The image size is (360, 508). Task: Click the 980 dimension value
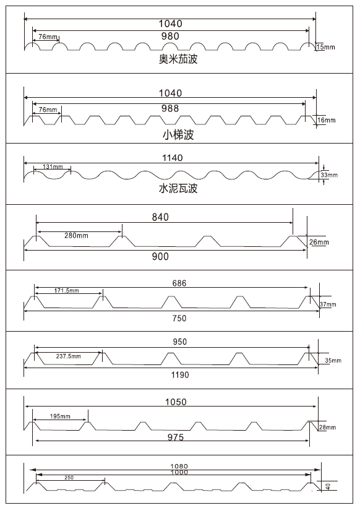[169, 36]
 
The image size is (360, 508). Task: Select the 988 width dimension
[169, 108]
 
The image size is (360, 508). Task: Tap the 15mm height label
[325, 47]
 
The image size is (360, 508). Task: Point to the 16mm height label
[325, 119]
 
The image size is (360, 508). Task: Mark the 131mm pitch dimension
[53, 167]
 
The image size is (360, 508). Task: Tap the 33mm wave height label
[329, 176]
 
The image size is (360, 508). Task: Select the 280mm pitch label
[76, 235]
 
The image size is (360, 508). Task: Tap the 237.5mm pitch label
[69, 356]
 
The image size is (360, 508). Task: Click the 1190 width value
[180, 375]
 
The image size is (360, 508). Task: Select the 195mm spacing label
[60, 416]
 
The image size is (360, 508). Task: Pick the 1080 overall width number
[179, 465]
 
